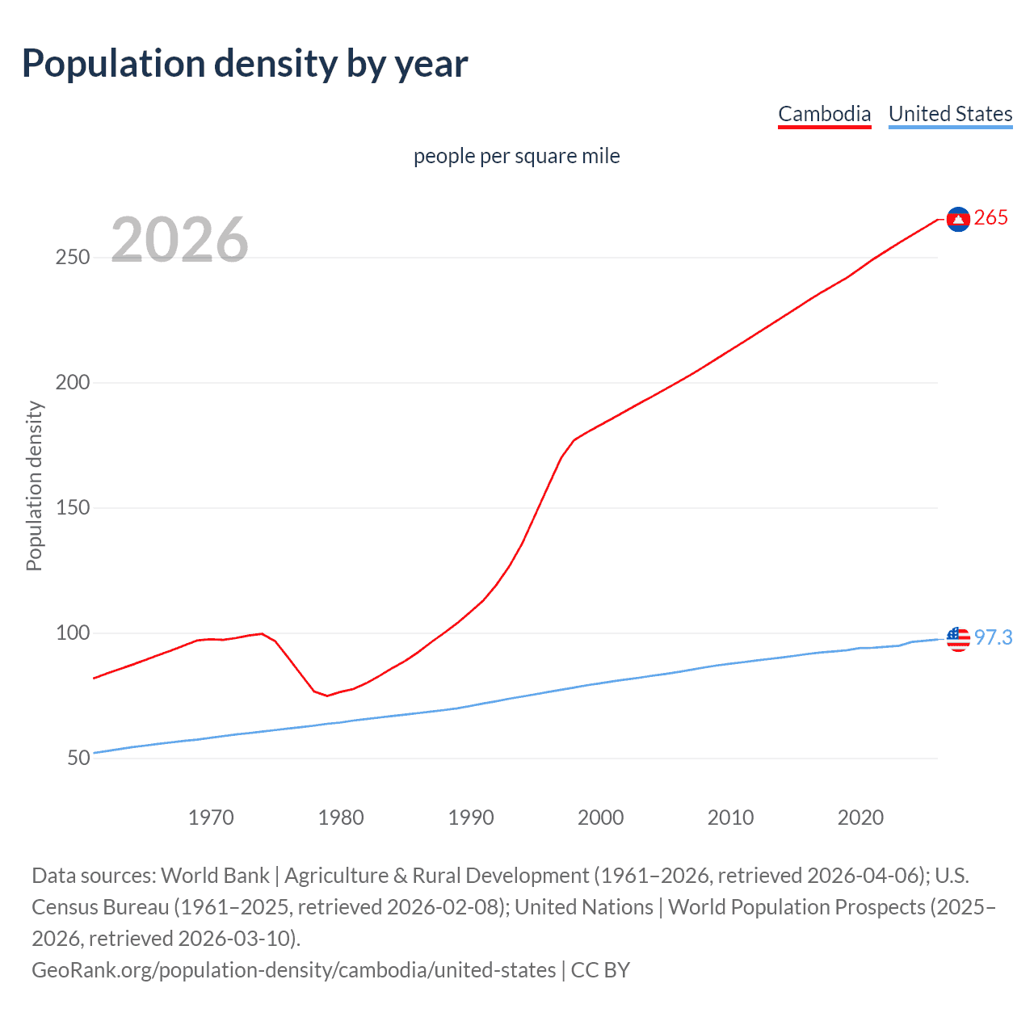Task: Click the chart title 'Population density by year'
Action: (245, 64)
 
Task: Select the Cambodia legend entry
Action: (824, 114)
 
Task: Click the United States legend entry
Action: (950, 114)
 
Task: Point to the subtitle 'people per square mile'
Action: (516, 156)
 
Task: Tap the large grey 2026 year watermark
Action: (179, 240)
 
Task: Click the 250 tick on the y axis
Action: (72, 258)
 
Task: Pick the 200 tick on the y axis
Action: (72, 383)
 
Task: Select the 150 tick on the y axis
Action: (72, 508)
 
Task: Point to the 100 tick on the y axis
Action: (72, 633)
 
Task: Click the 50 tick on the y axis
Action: (78, 759)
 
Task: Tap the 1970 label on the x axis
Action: (211, 818)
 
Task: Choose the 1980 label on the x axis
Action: (341, 818)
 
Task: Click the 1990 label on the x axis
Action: (471, 818)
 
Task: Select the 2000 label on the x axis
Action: (601, 818)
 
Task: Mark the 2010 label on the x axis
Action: (730, 818)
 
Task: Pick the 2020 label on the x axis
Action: (860, 818)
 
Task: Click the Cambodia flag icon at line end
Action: (958, 219)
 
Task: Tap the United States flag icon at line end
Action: (958, 638)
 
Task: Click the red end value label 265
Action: (991, 218)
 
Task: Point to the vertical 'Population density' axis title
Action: (34, 486)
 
